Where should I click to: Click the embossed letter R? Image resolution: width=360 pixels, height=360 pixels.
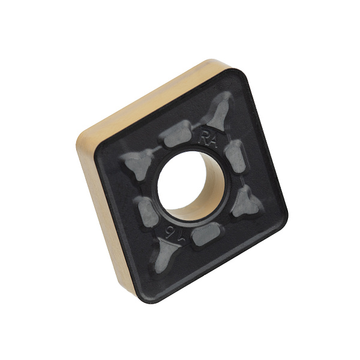(x=204, y=138)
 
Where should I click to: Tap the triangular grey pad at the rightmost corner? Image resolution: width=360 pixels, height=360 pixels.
(x=246, y=202)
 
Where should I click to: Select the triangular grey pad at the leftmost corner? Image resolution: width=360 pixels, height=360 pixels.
(x=137, y=163)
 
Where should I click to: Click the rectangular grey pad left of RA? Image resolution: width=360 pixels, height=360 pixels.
(x=177, y=134)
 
